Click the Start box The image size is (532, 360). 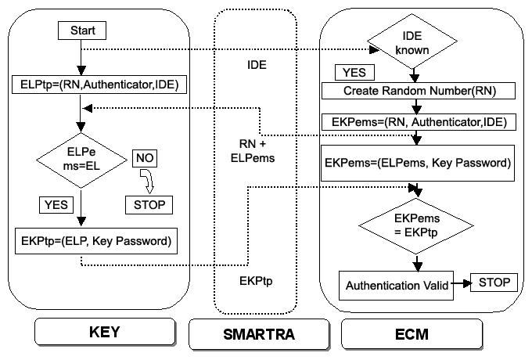tap(82, 31)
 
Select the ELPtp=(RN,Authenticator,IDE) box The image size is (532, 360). tap(99, 85)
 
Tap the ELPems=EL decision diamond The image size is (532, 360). tap(81, 160)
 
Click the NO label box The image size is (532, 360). tap(145, 158)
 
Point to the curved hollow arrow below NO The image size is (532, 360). tap(148, 182)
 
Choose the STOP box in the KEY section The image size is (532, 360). tap(149, 205)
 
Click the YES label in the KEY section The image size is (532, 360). tap(56, 205)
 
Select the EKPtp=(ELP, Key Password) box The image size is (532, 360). tap(96, 241)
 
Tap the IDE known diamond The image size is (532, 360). tap(412, 41)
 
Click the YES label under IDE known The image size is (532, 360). tap(354, 72)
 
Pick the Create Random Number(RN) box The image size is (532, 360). tap(419, 91)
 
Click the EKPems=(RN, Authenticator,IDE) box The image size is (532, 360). tap(419, 122)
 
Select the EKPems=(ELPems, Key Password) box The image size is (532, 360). tap(418, 164)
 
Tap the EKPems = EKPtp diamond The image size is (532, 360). tap(416, 225)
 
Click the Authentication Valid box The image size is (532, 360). tap(397, 286)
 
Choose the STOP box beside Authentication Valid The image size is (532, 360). tap(494, 283)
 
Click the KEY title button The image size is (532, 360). tap(105, 332)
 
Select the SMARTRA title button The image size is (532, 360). tap(259, 334)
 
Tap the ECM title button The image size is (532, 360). tap(412, 334)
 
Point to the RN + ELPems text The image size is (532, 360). tap(253, 151)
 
